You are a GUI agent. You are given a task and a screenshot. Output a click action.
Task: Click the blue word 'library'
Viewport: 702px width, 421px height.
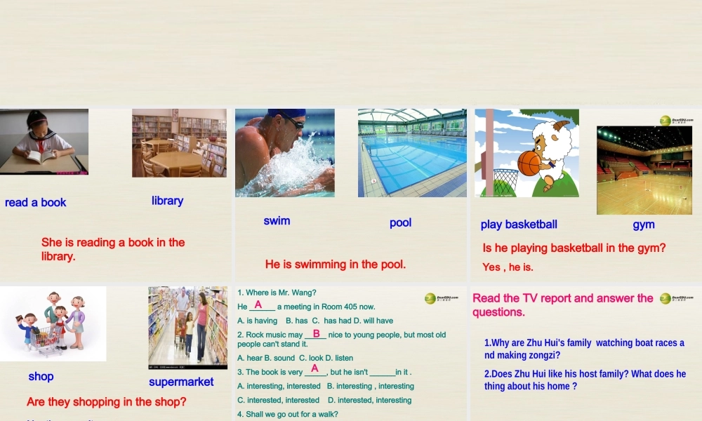point(167,201)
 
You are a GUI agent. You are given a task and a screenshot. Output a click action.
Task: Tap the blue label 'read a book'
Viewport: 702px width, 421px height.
point(35,203)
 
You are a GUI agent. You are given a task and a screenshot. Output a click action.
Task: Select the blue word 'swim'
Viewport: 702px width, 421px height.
point(277,221)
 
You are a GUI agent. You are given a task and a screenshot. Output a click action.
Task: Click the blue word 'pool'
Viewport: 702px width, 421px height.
point(400,222)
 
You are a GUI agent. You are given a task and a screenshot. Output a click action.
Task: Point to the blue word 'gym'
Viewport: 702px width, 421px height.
point(643,225)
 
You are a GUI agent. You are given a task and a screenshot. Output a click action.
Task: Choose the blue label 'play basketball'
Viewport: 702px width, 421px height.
point(519,225)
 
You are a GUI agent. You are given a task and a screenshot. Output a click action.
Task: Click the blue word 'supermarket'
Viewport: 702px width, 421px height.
point(181,382)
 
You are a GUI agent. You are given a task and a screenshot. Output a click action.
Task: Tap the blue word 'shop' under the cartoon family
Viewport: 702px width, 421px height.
point(41,377)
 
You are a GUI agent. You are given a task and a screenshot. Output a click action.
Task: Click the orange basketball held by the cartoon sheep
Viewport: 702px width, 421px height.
point(529,163)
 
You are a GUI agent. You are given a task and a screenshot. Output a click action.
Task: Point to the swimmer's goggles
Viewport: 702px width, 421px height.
point(293,122)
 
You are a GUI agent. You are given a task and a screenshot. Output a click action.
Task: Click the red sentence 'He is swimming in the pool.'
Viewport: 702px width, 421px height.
point(335,265)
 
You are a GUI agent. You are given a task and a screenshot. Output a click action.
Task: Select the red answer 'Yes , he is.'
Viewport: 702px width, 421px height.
point(508,267)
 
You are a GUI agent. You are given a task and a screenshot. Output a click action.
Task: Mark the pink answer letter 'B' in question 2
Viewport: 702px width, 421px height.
point(316,334)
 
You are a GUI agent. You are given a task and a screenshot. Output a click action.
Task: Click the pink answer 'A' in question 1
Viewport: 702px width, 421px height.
point(258,305)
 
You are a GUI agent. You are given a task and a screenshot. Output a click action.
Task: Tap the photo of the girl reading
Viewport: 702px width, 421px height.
point(44,141)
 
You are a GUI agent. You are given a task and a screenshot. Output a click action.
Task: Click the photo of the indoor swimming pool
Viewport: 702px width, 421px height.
point(412,152)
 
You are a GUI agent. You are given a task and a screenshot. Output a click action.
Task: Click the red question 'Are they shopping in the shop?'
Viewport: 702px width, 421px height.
point(107,402)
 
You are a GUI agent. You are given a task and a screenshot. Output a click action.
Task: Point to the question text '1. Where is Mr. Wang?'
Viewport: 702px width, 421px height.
point(277,293)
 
